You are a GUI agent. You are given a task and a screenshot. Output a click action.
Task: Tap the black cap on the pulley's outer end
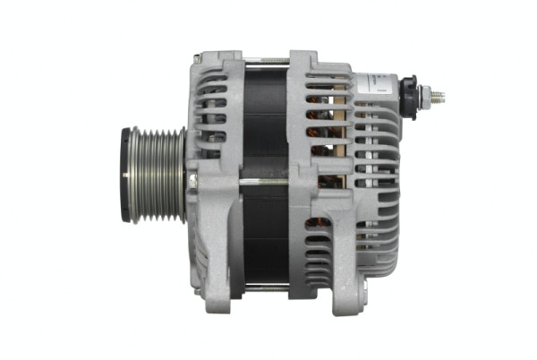click(126, 175)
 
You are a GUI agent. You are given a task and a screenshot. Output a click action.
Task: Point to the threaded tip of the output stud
click(439, 93)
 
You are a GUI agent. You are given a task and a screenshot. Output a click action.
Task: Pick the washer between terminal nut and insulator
click(418, 93)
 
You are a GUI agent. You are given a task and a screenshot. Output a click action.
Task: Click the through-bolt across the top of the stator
click(263, 61)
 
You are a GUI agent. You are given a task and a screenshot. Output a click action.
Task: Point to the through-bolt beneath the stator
click(263, 288)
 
